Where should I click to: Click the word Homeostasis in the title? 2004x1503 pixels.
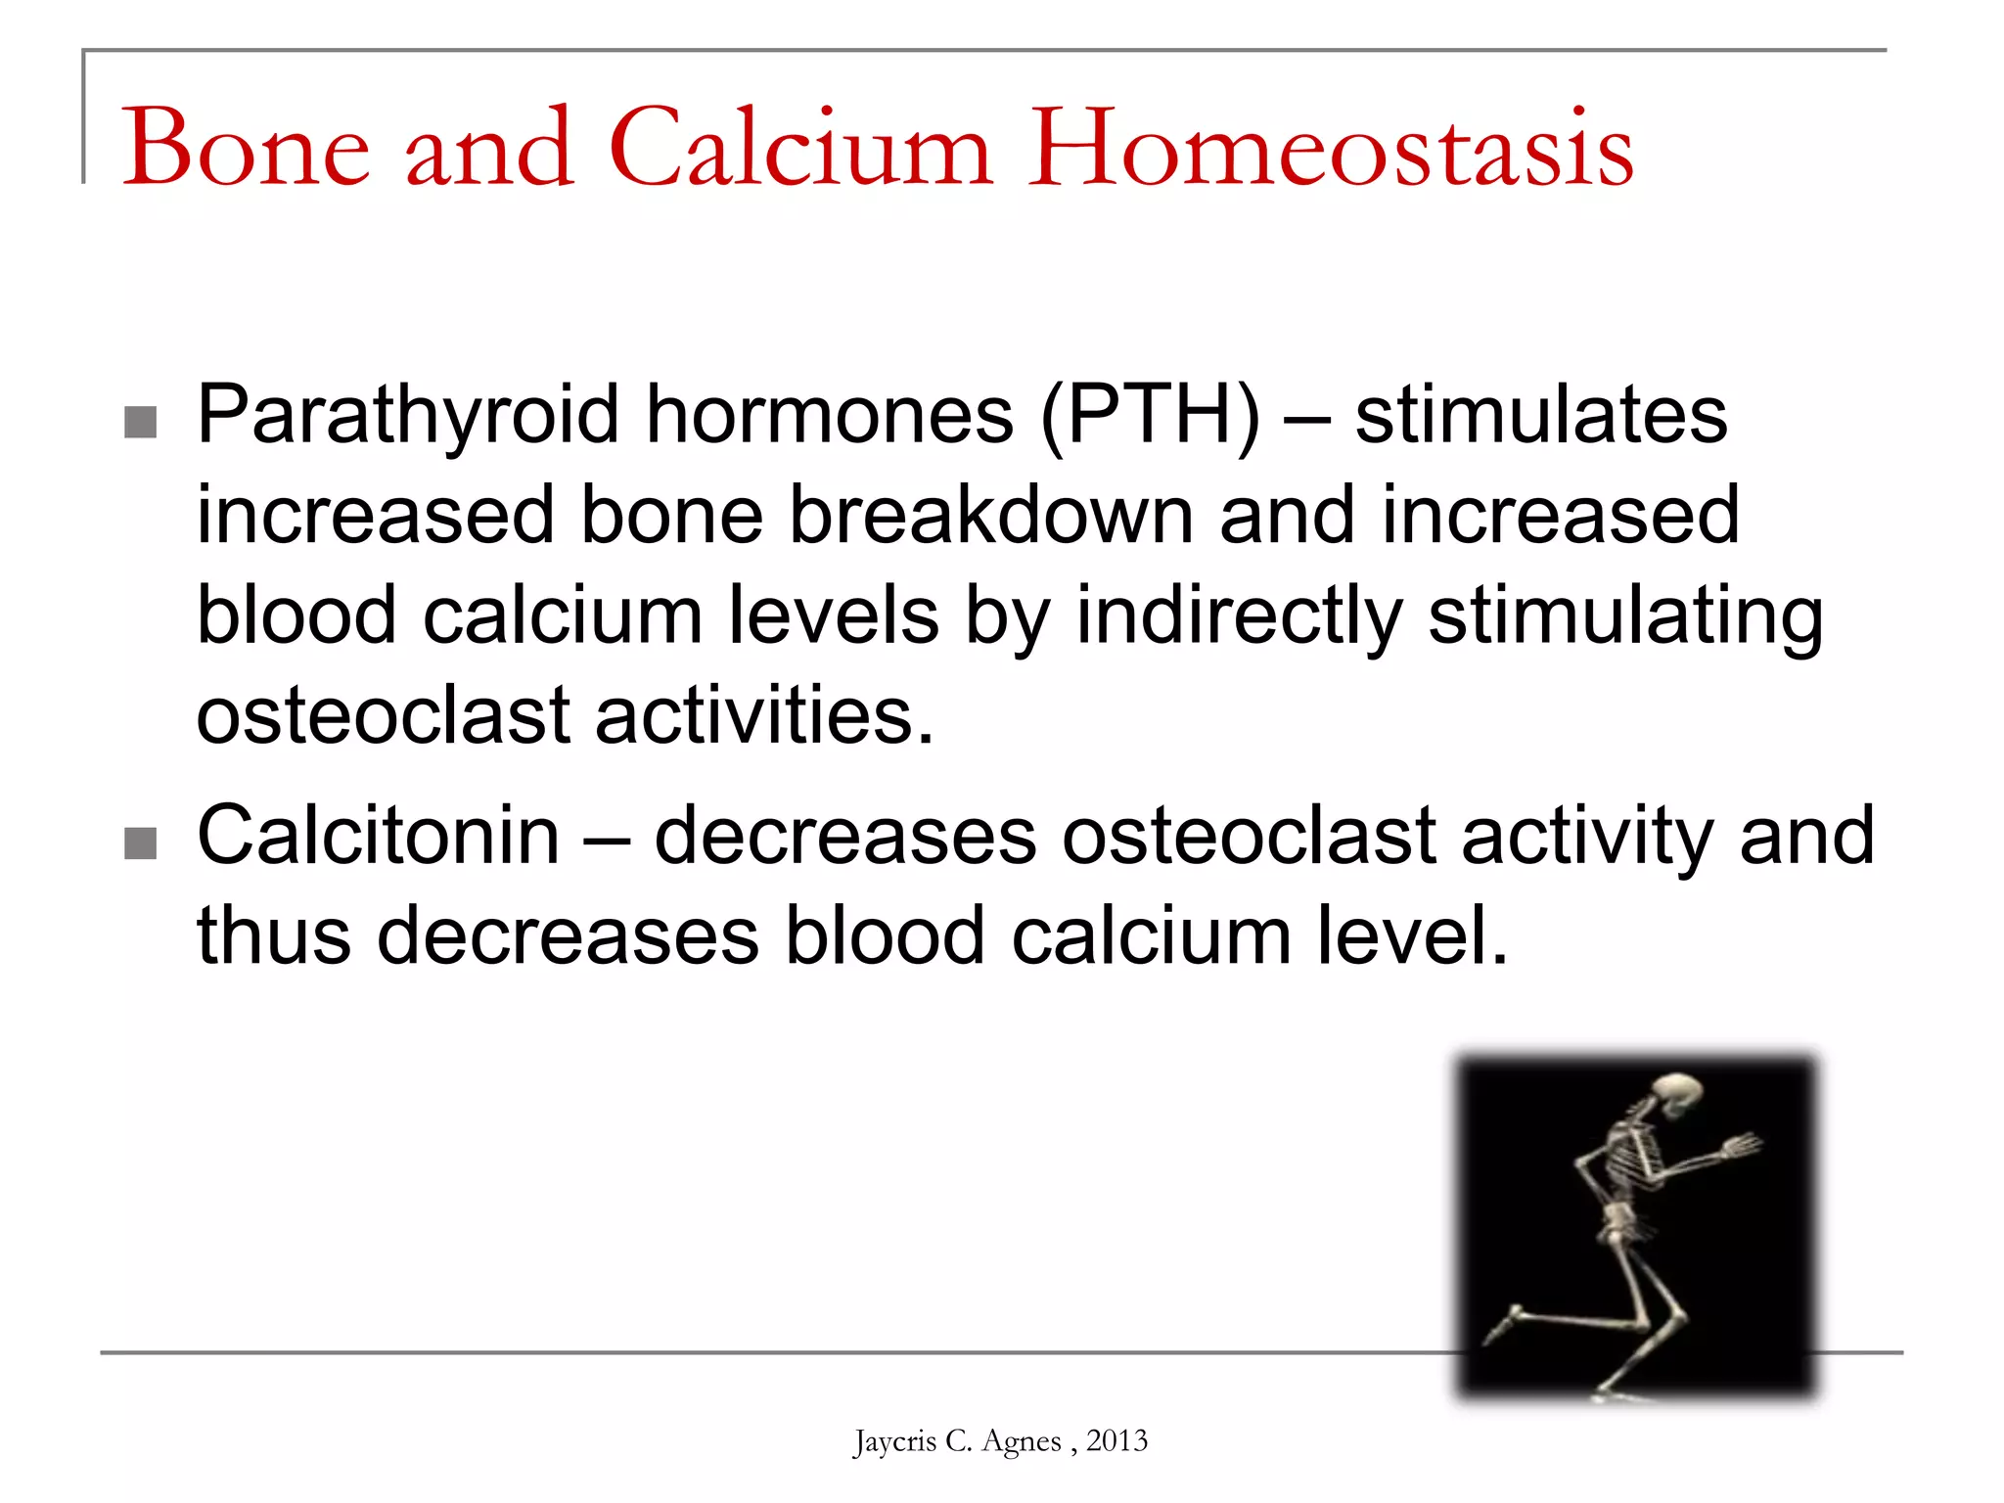pos(1331,149)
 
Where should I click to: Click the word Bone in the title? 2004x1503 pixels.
pos(246,149)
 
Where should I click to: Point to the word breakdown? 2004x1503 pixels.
pos(990,516)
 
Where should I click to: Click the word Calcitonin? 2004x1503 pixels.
pos(379,837)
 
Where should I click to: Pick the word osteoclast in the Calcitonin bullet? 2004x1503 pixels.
pos(1249,837)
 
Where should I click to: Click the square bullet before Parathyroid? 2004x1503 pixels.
pos(141,423)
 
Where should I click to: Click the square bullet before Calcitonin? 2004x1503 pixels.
pos(141,843)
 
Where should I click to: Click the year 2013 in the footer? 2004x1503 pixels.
pos(1116,1441)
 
